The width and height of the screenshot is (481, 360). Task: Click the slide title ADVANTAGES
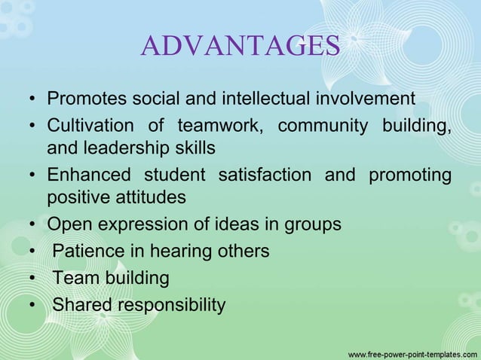(x=240, y=46)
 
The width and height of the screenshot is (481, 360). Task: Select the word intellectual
(x=267, y=99)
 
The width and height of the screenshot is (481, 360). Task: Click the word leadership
(x=134, y=147)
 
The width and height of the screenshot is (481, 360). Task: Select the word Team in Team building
(x=73, y=278)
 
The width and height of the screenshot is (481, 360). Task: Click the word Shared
(x=81, y=305)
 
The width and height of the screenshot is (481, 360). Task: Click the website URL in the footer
(x=410, y=352)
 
